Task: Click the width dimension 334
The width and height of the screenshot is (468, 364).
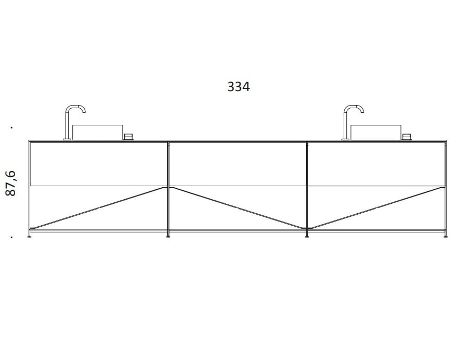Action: point(239,87)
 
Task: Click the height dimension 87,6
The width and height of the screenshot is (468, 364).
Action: point(11,183)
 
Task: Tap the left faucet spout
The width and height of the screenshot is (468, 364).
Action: point(75,108)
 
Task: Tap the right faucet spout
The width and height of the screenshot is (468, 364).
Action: point(354,108)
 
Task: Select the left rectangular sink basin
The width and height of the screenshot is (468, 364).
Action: point(97,132)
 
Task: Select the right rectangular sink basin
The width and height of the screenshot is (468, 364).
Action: point(375,132)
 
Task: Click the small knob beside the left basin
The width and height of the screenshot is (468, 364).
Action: point(128,137)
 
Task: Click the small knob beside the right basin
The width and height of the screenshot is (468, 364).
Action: point(407,137)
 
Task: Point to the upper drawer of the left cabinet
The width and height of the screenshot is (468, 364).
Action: point(98,164)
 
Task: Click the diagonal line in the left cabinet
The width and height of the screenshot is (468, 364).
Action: point(99,208)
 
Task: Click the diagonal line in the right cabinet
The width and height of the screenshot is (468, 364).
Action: point(376,208)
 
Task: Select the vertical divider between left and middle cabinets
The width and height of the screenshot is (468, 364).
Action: point(168,187)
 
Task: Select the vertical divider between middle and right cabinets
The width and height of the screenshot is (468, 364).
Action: point(307,187)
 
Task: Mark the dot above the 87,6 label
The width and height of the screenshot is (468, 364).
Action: point(11,127)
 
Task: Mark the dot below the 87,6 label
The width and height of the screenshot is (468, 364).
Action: point(11,238)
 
